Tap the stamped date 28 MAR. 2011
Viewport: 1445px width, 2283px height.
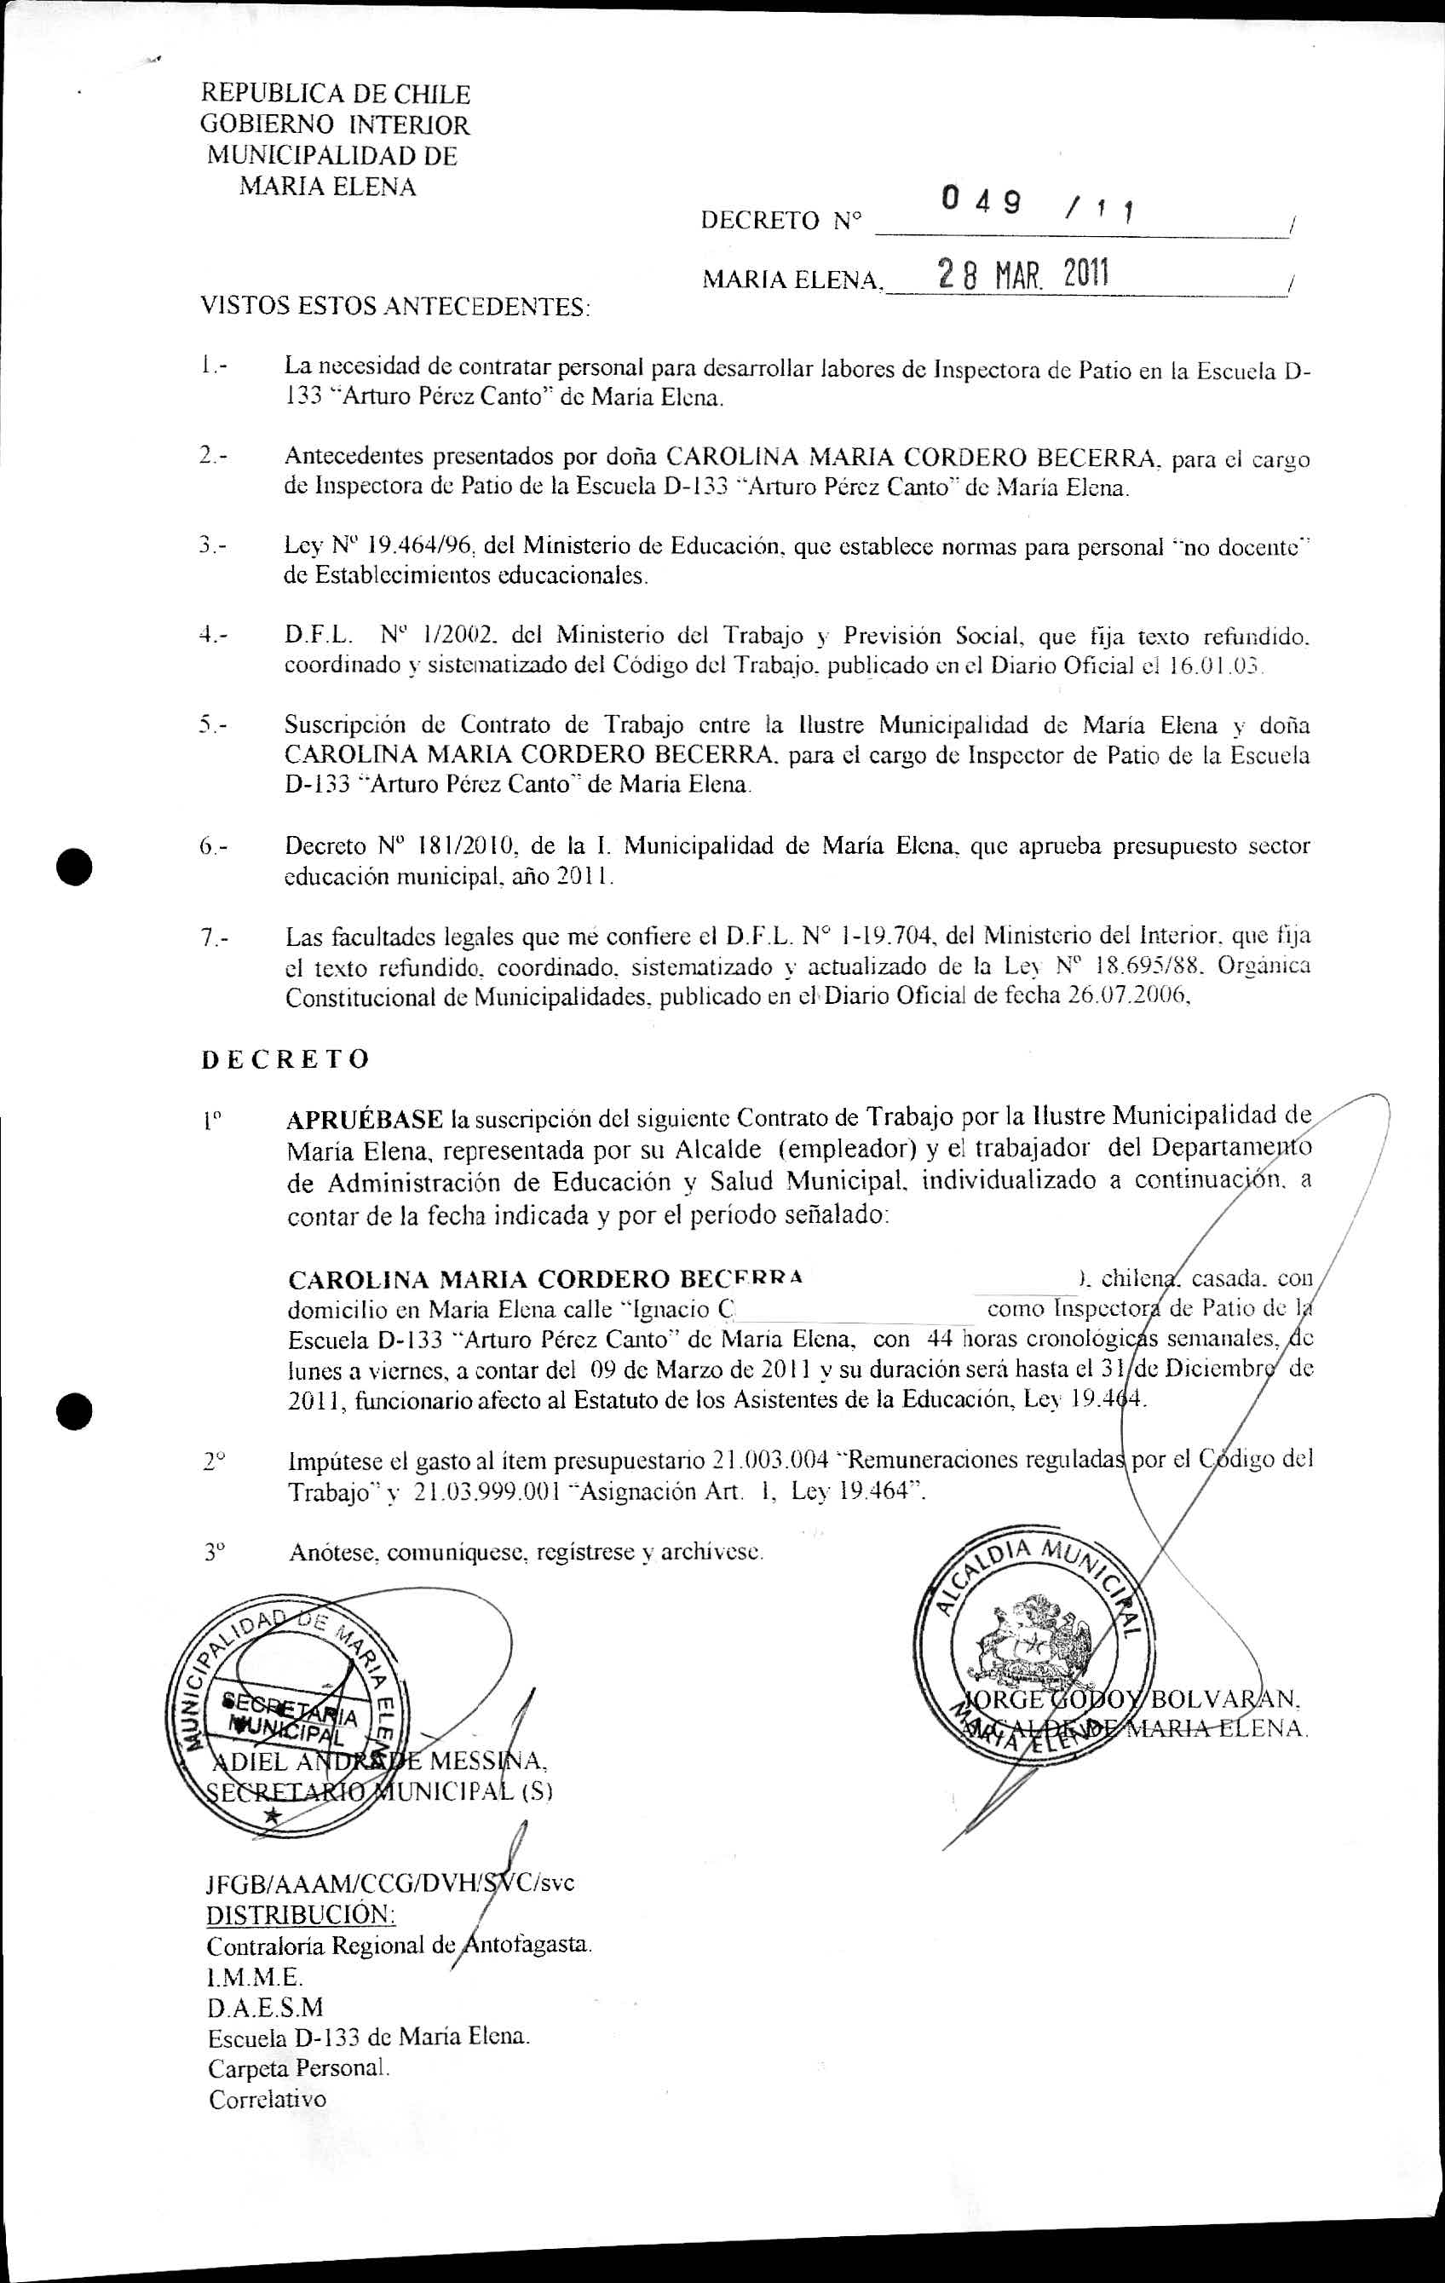(x=1023, y=275)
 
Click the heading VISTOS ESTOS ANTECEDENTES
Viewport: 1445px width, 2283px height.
(x=394, y=307)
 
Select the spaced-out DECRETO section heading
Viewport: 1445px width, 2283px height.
(x=285, y=1059)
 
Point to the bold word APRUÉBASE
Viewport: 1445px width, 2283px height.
(x=365, y=1120)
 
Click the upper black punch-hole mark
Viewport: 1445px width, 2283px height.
(x=73, y=866)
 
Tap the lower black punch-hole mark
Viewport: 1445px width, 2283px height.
(x=73, y=1412)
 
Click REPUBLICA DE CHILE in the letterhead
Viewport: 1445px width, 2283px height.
(x=335, y=94)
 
